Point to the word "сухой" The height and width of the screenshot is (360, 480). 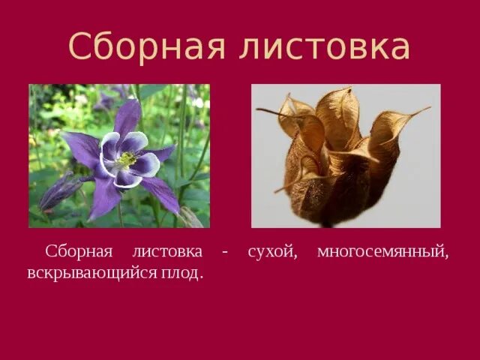tap(271, 253)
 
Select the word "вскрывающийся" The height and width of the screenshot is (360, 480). tap(88, 273)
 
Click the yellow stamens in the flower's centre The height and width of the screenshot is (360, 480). tap(126, 160)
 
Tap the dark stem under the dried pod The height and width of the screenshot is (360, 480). tap(328, 223)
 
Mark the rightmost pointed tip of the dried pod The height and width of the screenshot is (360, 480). tap(430, 108)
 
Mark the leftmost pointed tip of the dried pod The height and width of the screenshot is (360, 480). tap(258, 111)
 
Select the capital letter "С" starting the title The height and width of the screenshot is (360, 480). tap(81, 46)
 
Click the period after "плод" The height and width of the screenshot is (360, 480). tap(201, 277)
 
